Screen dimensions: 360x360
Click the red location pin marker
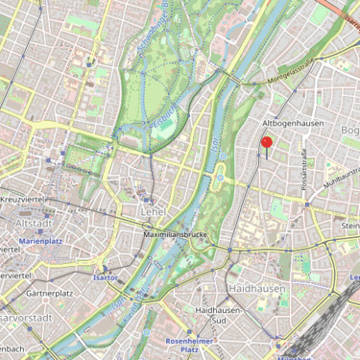267,144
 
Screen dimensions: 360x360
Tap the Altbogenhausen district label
293,124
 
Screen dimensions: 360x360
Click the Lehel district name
153,211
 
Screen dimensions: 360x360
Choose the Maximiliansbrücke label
175,233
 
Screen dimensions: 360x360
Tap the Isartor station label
105,276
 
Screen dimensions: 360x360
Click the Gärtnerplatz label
51,292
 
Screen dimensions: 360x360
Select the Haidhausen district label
256,287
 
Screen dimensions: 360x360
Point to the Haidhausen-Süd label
223,316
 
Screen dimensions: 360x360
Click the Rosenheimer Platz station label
189,346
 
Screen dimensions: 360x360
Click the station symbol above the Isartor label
105,266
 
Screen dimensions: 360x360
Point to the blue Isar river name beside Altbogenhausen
216,144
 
